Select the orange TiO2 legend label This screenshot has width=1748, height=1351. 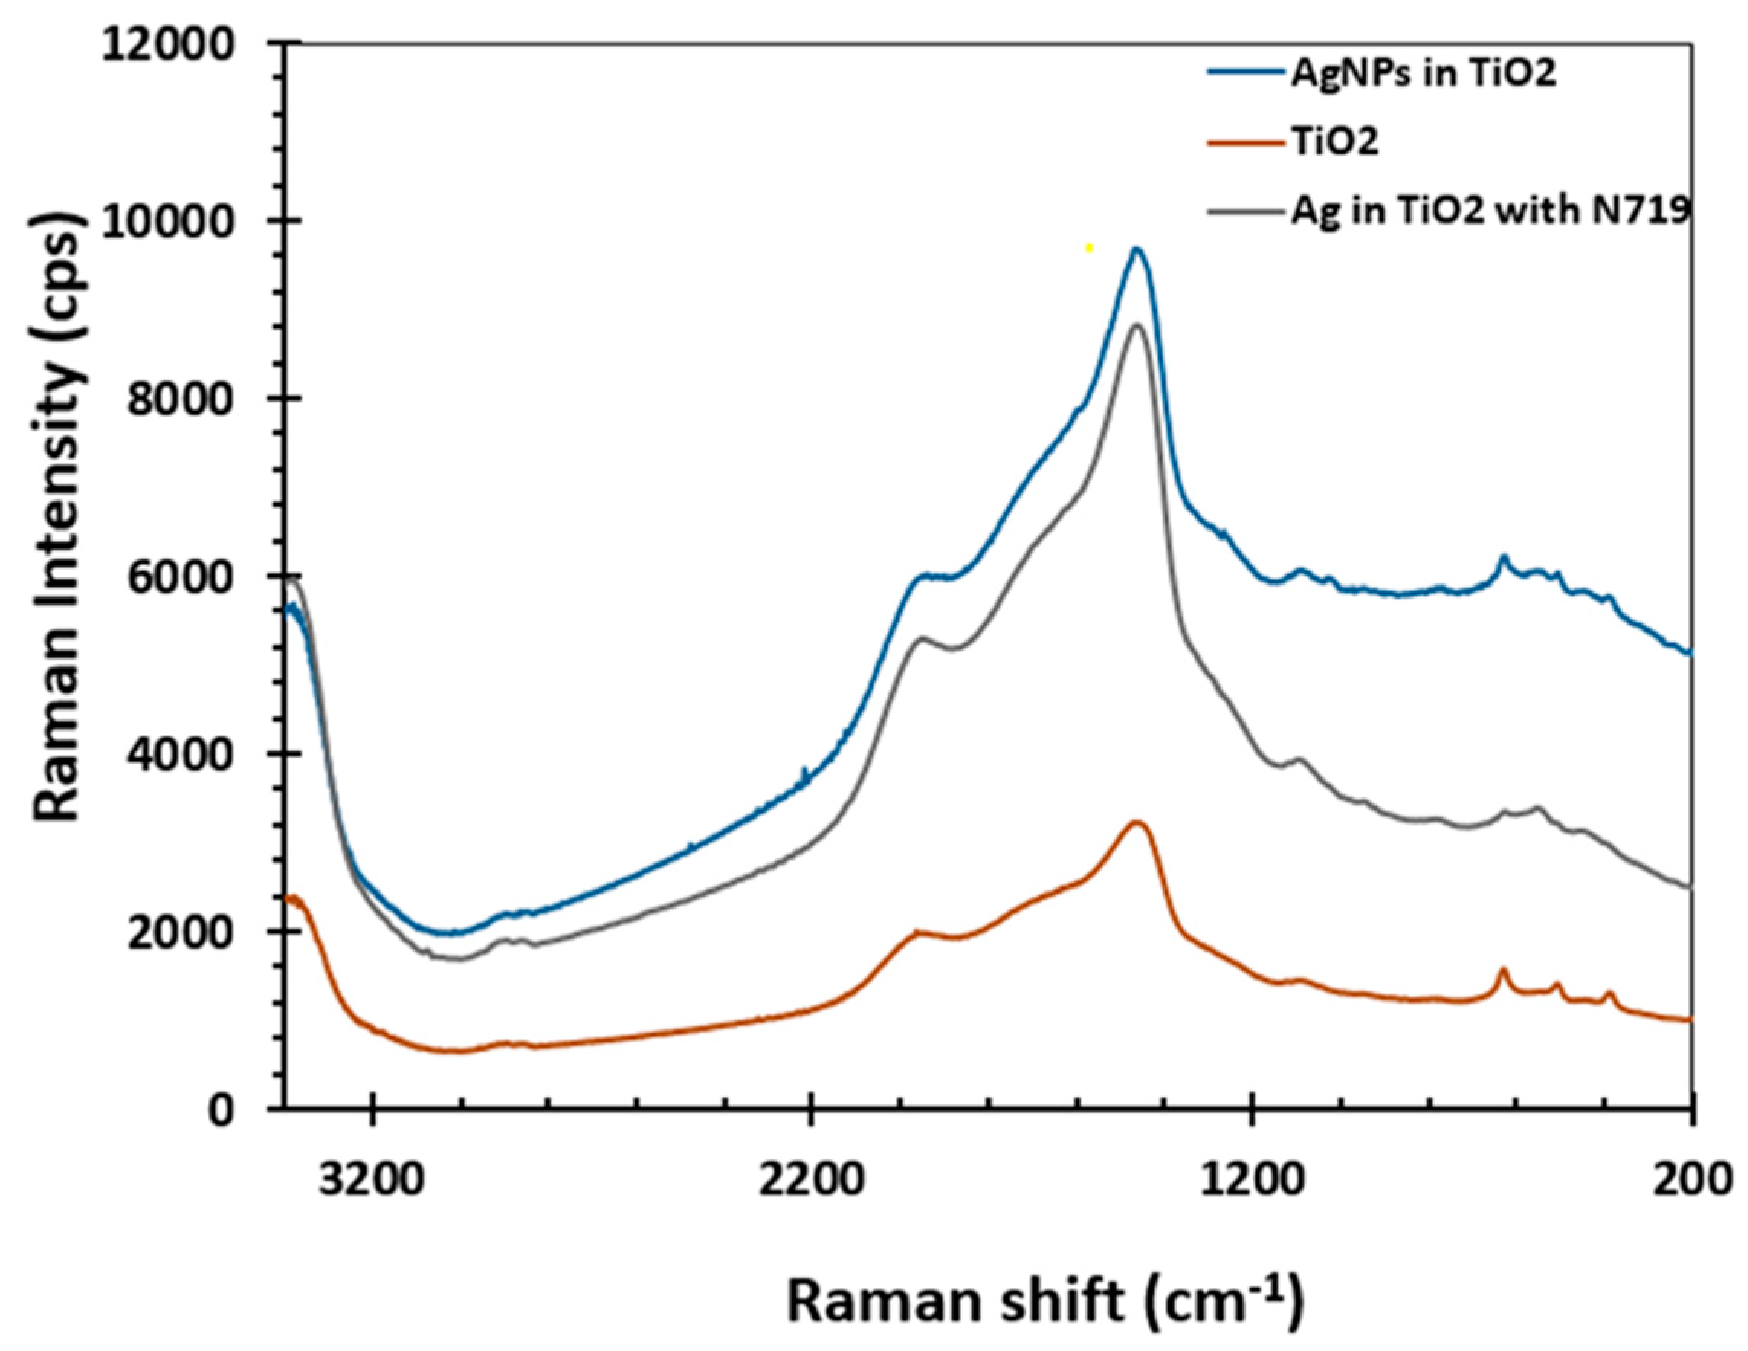pos(1334,144)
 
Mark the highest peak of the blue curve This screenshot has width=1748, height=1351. pos(1135,249)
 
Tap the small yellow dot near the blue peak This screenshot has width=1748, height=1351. pos(1088,248)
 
